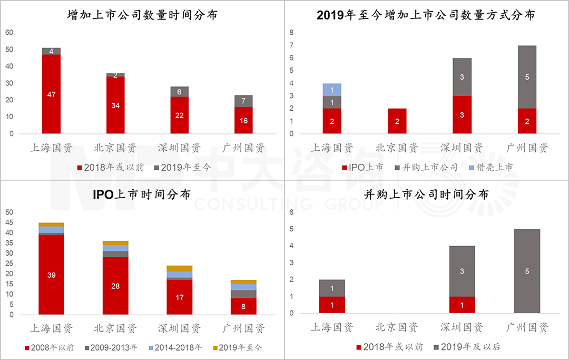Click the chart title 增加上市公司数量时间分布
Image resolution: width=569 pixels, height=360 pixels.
tap(142, 15)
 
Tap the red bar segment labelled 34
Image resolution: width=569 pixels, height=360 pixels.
tap(115, 105)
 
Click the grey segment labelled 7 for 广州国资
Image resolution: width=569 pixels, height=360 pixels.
tap(243, 101)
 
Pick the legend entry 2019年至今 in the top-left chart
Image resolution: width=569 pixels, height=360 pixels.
tap(185, 167)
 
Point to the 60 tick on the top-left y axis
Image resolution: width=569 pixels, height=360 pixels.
tap(9, 33)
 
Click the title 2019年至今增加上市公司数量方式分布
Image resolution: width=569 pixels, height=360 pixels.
tap(426, 15)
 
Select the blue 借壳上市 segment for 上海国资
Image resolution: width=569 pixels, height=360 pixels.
tap(332, 90)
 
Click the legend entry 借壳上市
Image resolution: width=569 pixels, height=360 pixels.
tap(490, 167)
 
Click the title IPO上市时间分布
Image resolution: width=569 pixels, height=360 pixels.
tap(142, 193)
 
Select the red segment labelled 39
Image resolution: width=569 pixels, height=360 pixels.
tap(51, 274)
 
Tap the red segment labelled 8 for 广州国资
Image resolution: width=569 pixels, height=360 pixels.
tap(243, 306)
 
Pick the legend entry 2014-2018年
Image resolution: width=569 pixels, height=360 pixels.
tap(178, 347)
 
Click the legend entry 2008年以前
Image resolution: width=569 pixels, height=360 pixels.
tap(50, 347)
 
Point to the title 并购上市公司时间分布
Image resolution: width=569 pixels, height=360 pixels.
tap(426, 194)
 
